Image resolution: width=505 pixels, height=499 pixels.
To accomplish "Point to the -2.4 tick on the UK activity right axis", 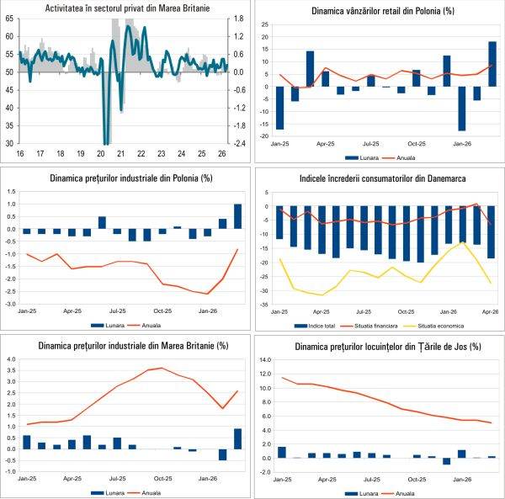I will [238, 143].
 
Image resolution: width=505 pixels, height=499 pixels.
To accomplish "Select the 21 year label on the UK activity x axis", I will [120, 154].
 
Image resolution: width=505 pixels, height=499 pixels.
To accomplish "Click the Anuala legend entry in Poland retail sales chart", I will [407, 157].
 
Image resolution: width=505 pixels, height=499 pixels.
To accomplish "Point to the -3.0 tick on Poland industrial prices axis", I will [12, 304].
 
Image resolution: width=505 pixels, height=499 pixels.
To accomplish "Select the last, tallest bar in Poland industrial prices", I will [238, 216].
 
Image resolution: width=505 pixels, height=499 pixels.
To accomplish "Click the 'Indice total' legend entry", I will [315, 326].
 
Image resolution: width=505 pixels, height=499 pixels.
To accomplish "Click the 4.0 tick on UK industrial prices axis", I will [13, 359].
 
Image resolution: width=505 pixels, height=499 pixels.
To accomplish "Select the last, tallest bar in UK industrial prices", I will [238, 438].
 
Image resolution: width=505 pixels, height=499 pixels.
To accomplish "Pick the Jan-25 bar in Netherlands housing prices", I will [282, 452].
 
